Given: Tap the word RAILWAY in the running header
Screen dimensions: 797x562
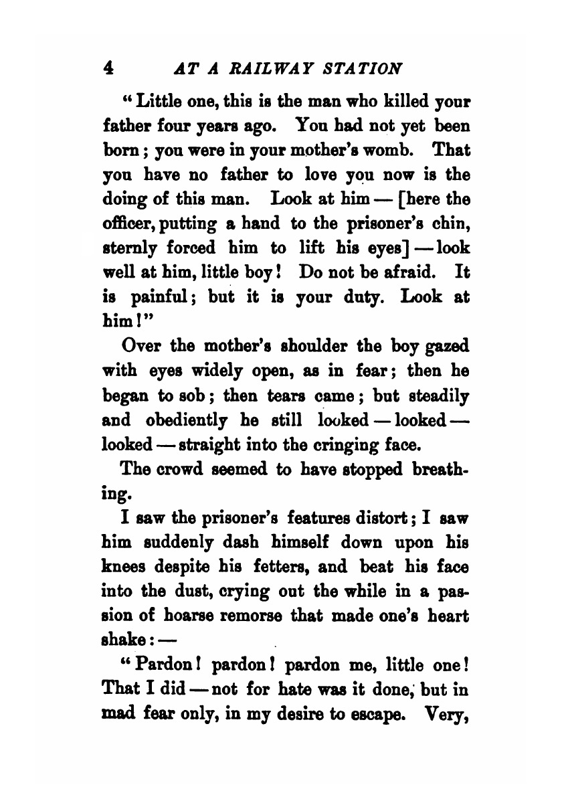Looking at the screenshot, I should tap(254, 69).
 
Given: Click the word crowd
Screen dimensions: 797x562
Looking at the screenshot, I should tap(182, 468).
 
